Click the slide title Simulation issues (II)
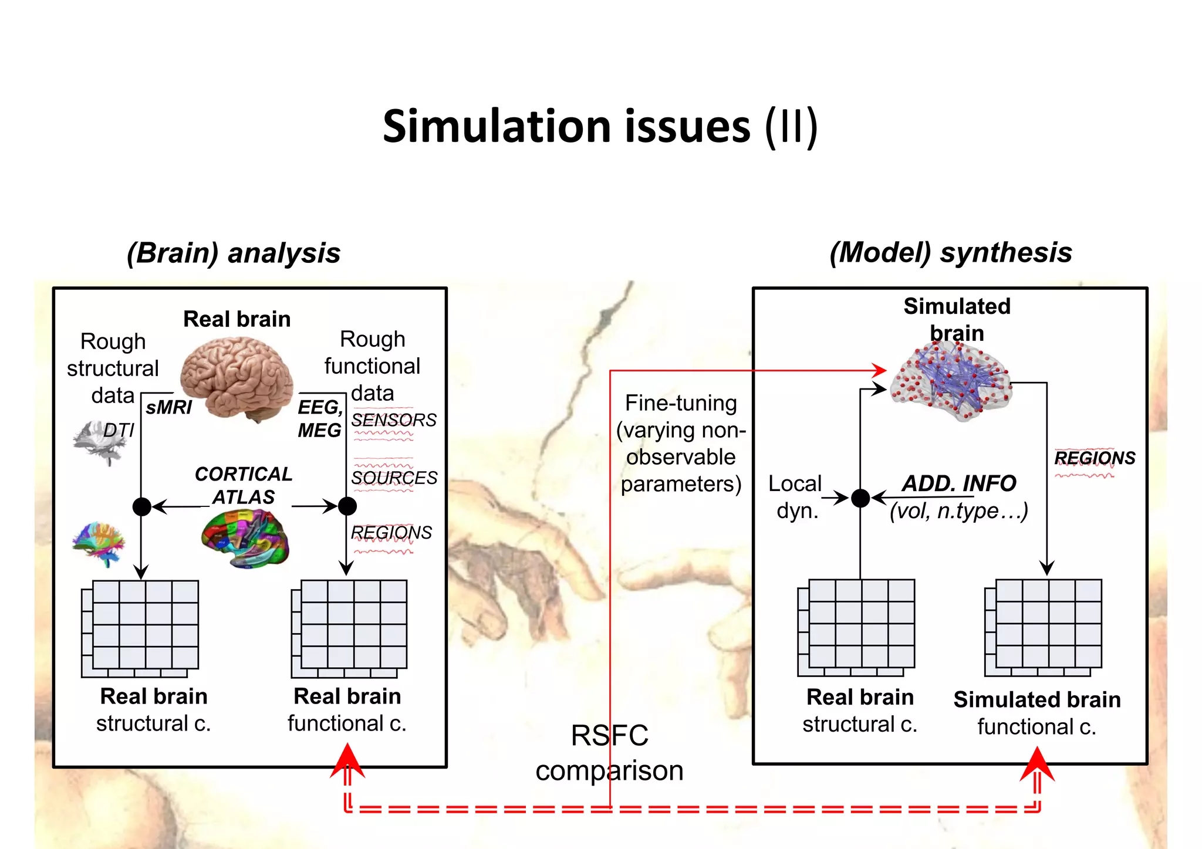[x=600, y=126]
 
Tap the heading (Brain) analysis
[x=234, y=253]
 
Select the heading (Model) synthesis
[x=950, y=253]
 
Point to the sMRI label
[x=168, y=407]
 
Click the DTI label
[x=119, y=430]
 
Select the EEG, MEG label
[x=319, y=418]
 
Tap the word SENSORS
[x=394, y=420]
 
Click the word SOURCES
[x=394, y=478]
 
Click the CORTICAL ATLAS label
[x=244, y=485]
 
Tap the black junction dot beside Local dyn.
[x=860, y=498]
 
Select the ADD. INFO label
[x=959, y=483]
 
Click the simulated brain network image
[x=951, y=382]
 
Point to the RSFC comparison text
[x=609, y=753]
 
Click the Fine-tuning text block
[x=681, y=444]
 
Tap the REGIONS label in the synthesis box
[x=1095, y=458]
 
